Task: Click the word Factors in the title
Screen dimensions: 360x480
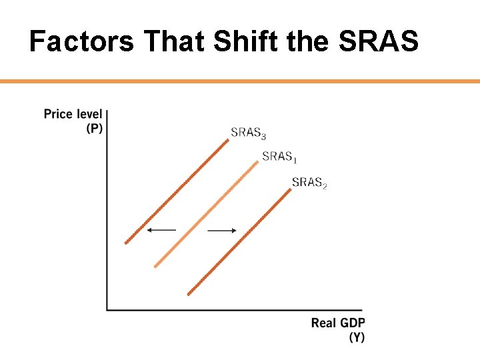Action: [x=81, y=42]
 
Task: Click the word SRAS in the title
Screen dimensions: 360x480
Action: [x=379, y=42]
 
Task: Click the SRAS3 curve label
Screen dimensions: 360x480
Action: [x=248, y=133]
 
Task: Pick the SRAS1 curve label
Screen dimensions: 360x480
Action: [x=280, y=157]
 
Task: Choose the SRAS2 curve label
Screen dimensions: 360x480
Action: [x=309, y=182]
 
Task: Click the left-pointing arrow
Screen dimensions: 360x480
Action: [x=161, y=230]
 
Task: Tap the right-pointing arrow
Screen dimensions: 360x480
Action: [x=223, y=231]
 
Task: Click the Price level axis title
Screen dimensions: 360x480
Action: [x=73, y=114]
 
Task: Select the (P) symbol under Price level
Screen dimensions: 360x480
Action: [x=94, y=128]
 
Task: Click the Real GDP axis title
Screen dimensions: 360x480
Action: [x=338, y=323]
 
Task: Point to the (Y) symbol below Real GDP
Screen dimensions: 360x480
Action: [x=357, y=337]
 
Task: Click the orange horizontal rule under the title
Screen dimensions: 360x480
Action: [x=240, y=81]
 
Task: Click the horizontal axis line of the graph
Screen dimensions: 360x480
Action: [x=233, y=309]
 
